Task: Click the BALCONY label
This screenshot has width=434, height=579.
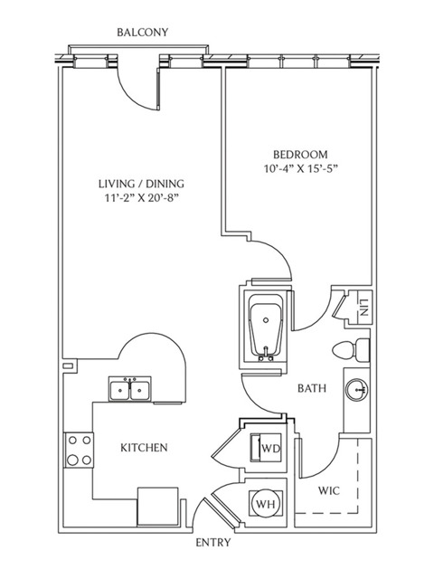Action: pyautogui.click(x=143, y=33)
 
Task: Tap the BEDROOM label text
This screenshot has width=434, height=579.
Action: pyautogui.click(x=300, y=154)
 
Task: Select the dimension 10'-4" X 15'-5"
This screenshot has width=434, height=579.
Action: pyautogui.click(x=301, y=169)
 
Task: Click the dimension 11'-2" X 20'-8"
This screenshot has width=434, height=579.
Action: pyautogui.click(x=141, y=198)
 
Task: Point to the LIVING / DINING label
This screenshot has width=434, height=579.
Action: pyautogui.click(x=141, y=184)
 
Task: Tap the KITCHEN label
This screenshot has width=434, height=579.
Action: pyautogui.click(x=144, y=448)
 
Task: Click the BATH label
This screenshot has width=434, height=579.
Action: pyautogui.click(x=312, y=388)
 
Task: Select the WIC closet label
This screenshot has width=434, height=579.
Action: pyautogui.click(x=329, y=491)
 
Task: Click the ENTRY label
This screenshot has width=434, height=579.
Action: pyautogui.click(x=213, y=543)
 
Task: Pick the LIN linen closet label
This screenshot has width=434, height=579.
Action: pyautogui.click(x=363, y=308)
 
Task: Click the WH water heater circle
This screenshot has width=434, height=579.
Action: pyautogui.click(x=266, y=503)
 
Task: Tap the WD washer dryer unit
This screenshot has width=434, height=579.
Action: pyautogui.click(x=267, y=448)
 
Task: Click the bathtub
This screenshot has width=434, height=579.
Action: pyautogui.click(x=266, y=327)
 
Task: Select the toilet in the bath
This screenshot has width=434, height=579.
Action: pyautogui.click(x=351, y=350)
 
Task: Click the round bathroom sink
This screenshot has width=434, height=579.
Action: pyautogui.click(x=357, y=389)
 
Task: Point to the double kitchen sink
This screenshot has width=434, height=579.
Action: pyautogui.click(x=130, y=388)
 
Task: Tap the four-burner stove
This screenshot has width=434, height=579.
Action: pyautogui.click(x=79, y=450)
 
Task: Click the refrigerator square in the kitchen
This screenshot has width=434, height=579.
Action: pyautogui.click(x=158, y=506)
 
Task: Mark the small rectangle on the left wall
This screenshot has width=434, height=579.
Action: pyautogui.click(x=68, y=365)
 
